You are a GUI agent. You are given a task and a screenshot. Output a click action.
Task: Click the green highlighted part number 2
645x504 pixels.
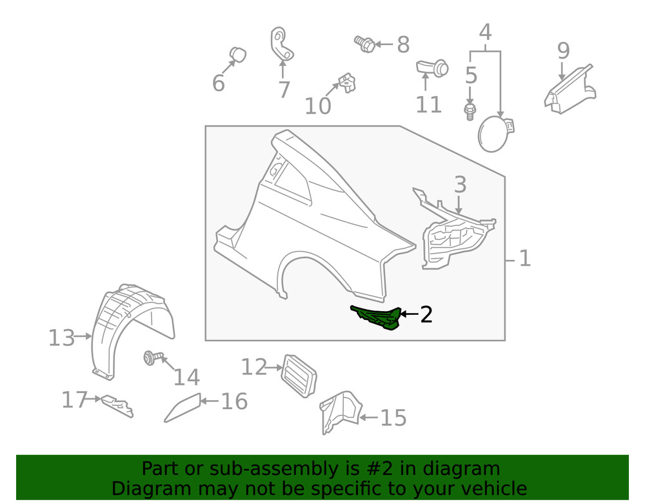[375, 318]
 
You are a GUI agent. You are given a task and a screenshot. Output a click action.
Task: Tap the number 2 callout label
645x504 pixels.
[426, 315]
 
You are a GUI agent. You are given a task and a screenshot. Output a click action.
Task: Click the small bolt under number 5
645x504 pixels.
[469, 111]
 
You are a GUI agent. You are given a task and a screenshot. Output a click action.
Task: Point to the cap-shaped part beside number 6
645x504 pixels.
[238, 55]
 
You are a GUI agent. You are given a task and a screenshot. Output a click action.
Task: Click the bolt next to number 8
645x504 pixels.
[365, 44]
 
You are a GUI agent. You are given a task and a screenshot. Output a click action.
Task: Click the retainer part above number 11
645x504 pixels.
[432, 66]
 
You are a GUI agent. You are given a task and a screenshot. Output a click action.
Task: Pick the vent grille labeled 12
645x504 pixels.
[298, 374]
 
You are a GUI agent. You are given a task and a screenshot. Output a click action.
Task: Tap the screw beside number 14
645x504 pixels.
[151, 357]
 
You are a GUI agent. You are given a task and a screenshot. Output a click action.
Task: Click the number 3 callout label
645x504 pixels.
[459, 185]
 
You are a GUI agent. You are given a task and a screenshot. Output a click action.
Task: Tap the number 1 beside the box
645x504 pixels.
[524, 259]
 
